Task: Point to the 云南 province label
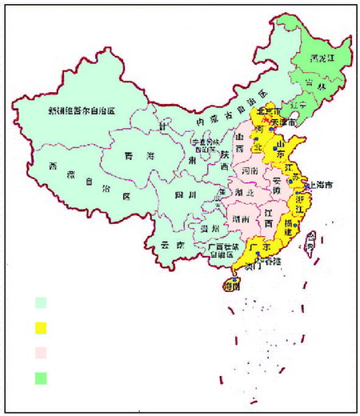click(164, 246)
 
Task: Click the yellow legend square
click(40, 327)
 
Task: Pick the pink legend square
click(40, 352)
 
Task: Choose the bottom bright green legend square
click(40, 378)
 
